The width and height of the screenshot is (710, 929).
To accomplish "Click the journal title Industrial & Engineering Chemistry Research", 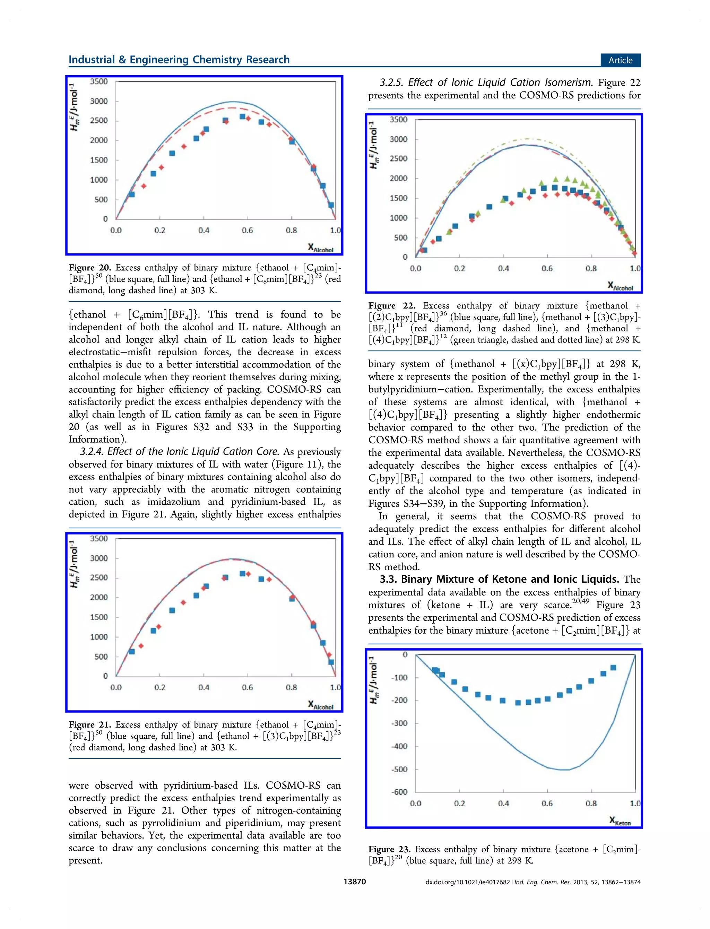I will pos(179,60).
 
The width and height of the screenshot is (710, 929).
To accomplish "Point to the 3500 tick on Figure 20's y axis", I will pos(98,81).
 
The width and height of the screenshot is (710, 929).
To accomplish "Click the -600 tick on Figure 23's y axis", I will pos(399,792).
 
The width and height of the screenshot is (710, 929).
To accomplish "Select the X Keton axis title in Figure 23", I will pos(620,821).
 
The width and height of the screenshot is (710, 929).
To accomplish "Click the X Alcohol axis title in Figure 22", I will pos(620,286).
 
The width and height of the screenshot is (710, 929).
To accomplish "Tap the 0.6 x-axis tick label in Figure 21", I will pos(247,687).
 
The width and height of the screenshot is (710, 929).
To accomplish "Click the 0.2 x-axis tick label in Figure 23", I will pos(459,803).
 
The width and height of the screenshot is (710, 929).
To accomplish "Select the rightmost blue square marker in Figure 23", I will pos(613,668).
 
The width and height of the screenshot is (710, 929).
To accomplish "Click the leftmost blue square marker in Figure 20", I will pos(131,194).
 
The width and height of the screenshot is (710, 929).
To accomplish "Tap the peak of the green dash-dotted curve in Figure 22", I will pos(527,139).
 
